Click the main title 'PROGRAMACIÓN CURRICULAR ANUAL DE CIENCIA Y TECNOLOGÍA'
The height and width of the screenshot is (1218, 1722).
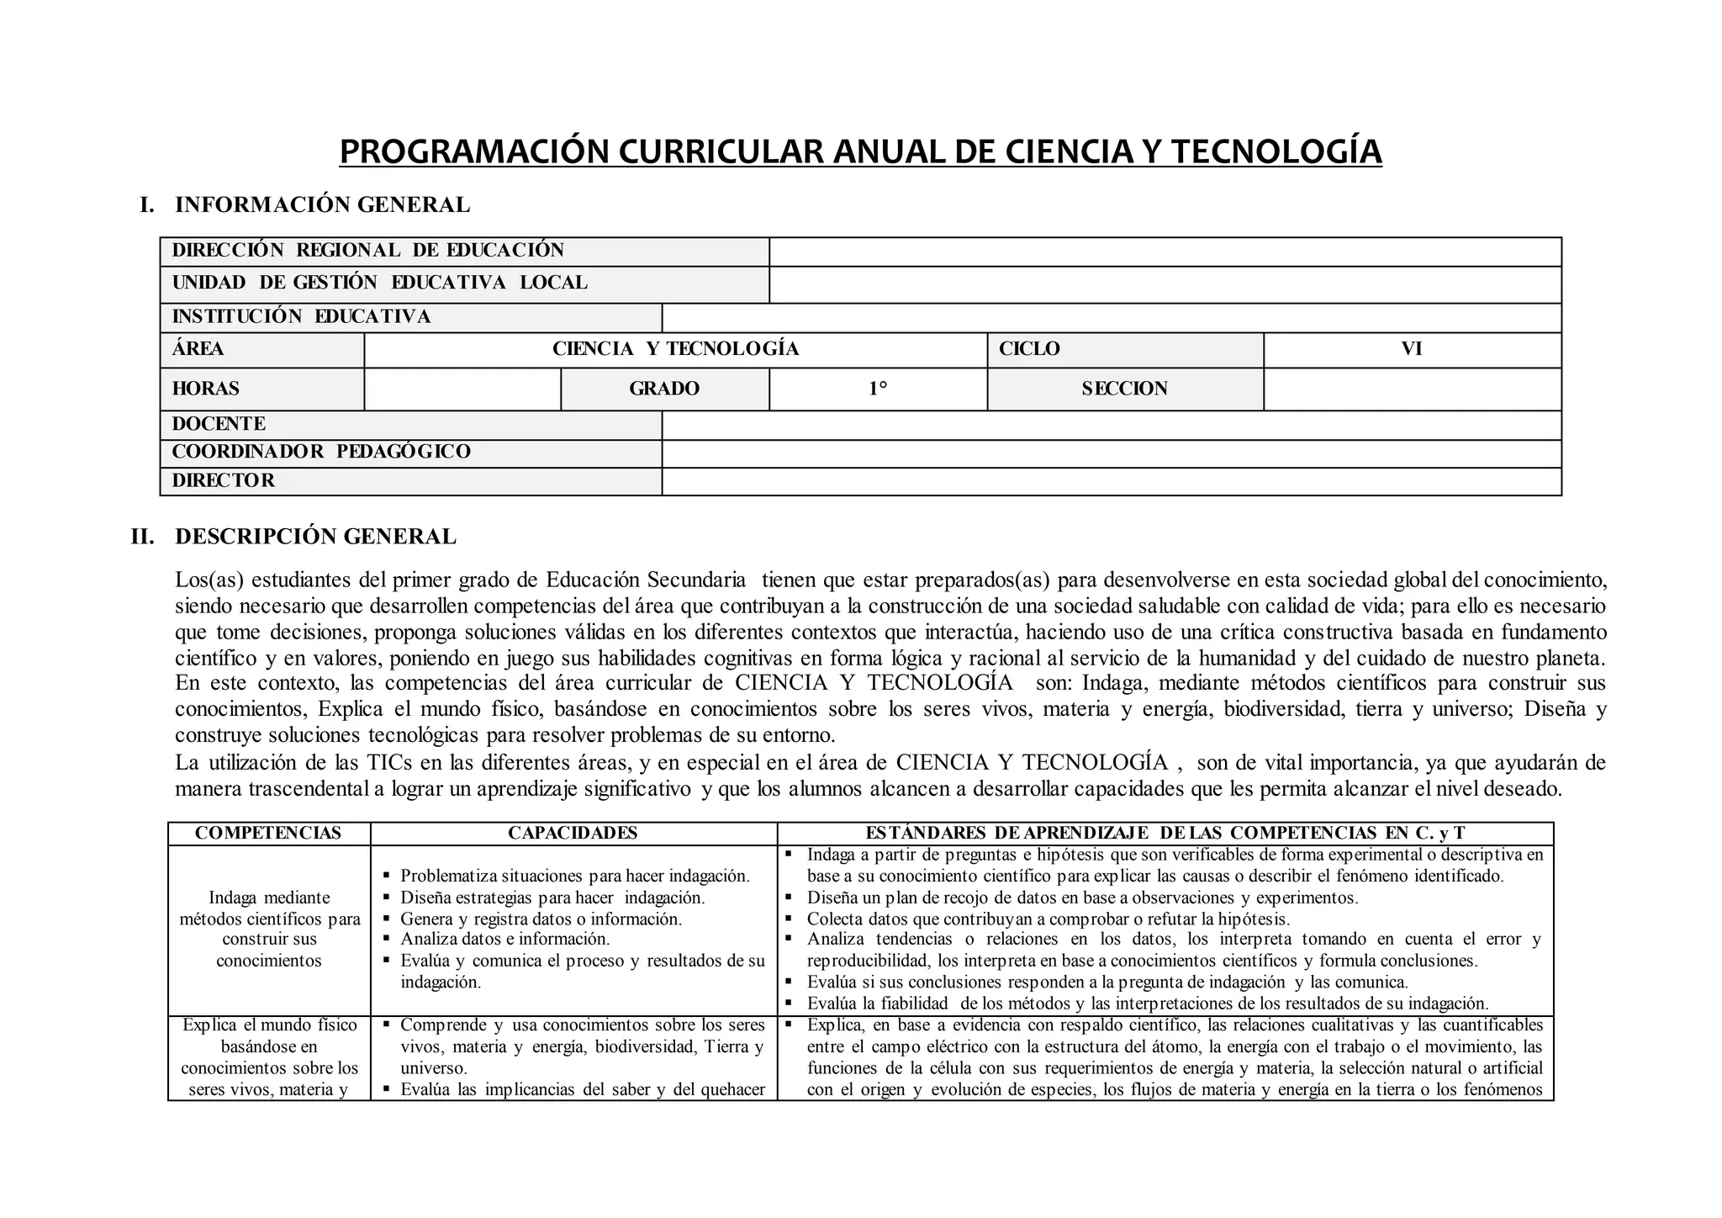(x=860, y=151)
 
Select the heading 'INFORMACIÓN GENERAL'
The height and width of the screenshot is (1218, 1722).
(x=322, y=204)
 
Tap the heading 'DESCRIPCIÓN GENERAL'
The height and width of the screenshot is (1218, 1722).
(x=315, y=537)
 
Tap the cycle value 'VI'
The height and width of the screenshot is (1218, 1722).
(x=1412, y=349)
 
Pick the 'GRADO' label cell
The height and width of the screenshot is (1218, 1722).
(x=664, y=389)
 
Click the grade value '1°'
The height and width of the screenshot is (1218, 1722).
(x=878, y=389)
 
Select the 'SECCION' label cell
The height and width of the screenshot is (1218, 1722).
(x=1124, y=389)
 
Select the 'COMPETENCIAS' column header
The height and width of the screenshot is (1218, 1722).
(x=268, y=834)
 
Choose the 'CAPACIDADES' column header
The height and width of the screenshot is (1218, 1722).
(x=573, y=834)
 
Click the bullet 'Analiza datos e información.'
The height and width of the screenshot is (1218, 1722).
(x=504, y=939)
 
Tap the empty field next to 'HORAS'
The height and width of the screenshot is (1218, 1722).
(x=462, y=389)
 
